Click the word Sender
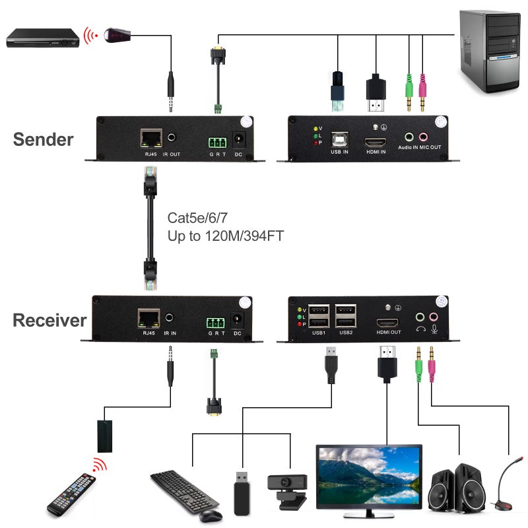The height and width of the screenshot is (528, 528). (43, 139)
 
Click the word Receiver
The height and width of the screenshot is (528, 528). (49, 321)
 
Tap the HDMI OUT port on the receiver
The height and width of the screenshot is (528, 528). (387, 323)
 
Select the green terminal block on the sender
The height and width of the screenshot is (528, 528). (216, 141)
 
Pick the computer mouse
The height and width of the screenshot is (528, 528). (210, 513)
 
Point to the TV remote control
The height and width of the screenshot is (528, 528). (71, 494)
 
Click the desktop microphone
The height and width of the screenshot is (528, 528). (507, 485)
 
